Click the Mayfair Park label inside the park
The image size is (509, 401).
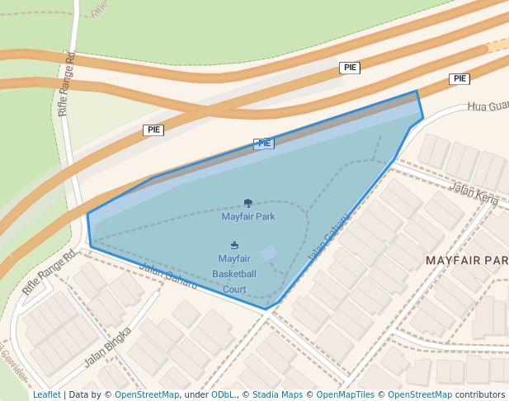[x=248, y=217]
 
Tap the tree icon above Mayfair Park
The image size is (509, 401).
[x=248, y=203]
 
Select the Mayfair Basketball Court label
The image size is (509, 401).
[x=234, y=274]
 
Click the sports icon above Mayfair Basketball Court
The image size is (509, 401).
[x=235, y=245]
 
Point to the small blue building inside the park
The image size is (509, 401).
[x=269, y=253]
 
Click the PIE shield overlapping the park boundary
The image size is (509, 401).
[x=264, y=143]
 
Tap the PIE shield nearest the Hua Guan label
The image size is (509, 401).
[x=460, y=79]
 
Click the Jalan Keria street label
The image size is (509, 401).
[x=474, y=195]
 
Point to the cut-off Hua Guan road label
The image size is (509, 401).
[x=488, y=106]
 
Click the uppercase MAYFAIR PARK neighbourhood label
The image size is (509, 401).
[x=466, y=261]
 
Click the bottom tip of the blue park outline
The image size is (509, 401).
[x=266, y=309]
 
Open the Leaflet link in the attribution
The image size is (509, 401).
[x=46, y=394]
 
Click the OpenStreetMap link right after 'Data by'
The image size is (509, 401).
[x=147, y=394]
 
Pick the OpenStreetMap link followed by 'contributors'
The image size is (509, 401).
[x=420, y=394]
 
